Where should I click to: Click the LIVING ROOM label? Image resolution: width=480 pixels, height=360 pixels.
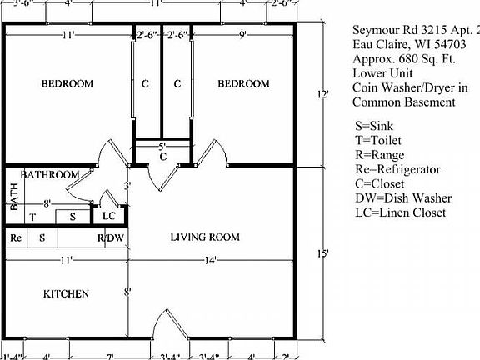[205, 237]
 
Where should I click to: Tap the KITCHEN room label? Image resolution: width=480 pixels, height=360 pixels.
[66, 293]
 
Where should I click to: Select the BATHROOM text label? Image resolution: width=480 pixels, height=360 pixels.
[50, 175]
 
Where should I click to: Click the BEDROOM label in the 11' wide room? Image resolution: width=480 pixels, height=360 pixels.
[67, 84]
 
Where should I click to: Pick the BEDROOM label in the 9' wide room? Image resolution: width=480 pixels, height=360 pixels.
[243, 84]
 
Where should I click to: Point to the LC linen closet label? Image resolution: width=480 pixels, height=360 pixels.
[108, 216]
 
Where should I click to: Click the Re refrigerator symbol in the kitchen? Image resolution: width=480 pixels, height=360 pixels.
[15, 237]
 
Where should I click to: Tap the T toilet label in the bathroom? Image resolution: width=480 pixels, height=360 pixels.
[32, 217]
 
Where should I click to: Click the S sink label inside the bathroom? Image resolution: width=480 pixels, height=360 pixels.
[73, 217]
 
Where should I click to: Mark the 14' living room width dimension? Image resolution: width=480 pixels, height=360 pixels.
[212, 261]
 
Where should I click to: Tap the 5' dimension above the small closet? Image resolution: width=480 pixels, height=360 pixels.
[162, 146]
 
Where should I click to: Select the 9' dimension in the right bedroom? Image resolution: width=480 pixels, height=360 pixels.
[242, 35]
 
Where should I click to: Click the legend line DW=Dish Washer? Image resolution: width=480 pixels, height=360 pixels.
[403, 197]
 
